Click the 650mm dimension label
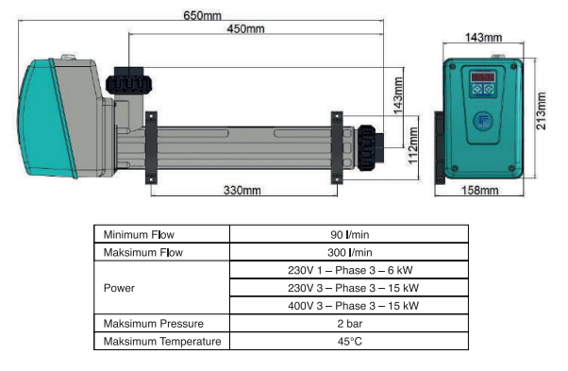[202, 16]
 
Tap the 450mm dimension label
[245, 28]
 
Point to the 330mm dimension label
[242, 190]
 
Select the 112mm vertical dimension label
[413, 145]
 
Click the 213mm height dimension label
[541, 110]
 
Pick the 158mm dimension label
[479, 190]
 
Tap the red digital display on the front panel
[483, 77]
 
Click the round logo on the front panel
[483, 121]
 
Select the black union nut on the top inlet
[128, 84]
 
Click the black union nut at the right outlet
[367, 148]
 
